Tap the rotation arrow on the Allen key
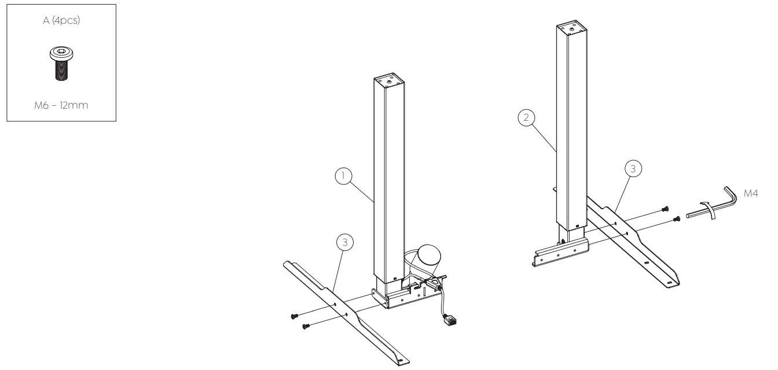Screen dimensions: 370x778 pyautogui.click(x=710, y=209)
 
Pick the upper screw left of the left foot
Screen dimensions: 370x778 pyautogui.click(x=293, y=315)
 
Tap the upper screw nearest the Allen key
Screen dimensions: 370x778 pyautogui.click(x=665, y=209)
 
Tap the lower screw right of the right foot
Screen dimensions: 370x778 pyautogui.click(x=676, y=219)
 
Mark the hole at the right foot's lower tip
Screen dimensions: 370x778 pyautogui.click(x=670, y=283)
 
